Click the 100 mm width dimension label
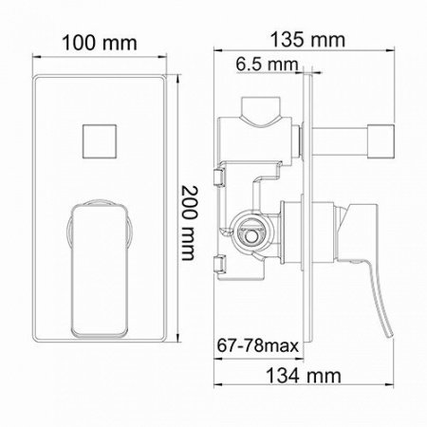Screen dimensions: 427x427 tap(100, 44)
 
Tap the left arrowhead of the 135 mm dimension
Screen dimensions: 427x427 tap(213, 55)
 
